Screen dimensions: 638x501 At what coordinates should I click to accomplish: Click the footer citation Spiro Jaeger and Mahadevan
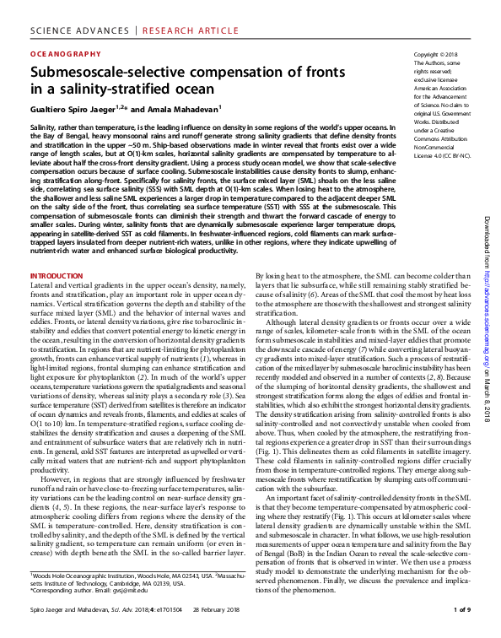tap(75, 609)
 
